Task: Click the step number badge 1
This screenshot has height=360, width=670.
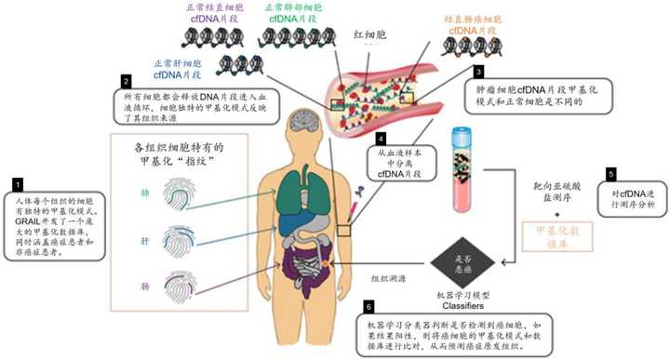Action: click(x=17, y=185)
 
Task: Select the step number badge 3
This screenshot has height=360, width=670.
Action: click(x=478, y=71)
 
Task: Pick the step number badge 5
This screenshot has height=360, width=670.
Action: click(x=610, y=173)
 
